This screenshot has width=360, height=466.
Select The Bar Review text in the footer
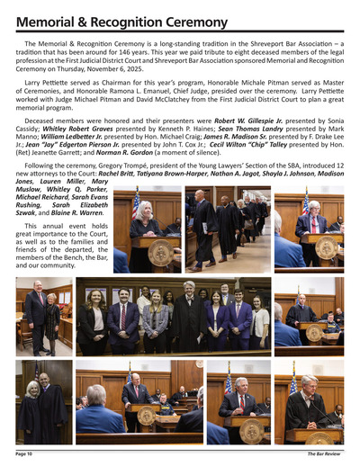pyautogui.click(x=326, y=457)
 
